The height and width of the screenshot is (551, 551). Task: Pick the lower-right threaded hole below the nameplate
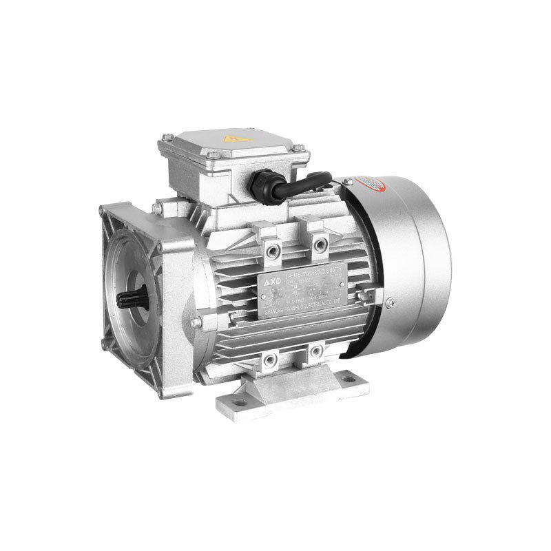click(316, 352)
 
